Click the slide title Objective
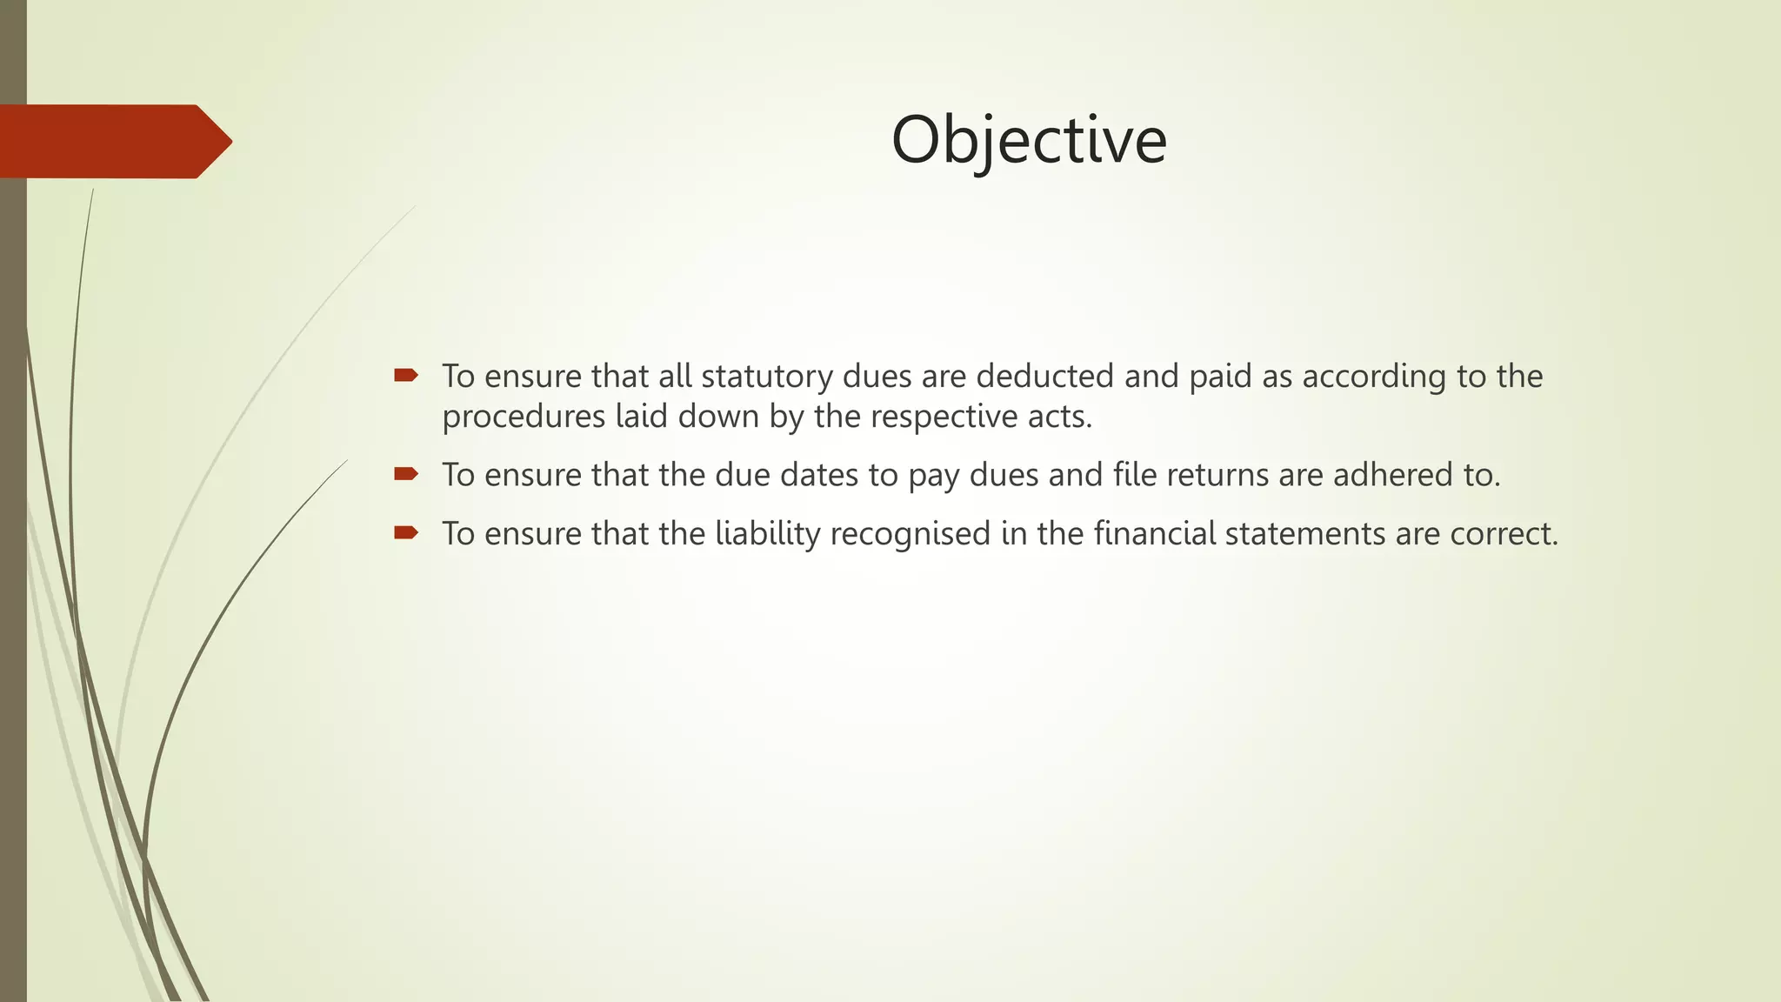pyautogui.click(x=1029, y=139)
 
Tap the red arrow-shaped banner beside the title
pyautogui.click(x=113, y=141)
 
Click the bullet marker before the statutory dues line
pyautogui.click(x=405, y=376)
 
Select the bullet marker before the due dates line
pyautogui.click(x=405, y=474)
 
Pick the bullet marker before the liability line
pyautogui.click(x=405, y=532)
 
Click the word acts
pyautogui.click(x=1059, y=417)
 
